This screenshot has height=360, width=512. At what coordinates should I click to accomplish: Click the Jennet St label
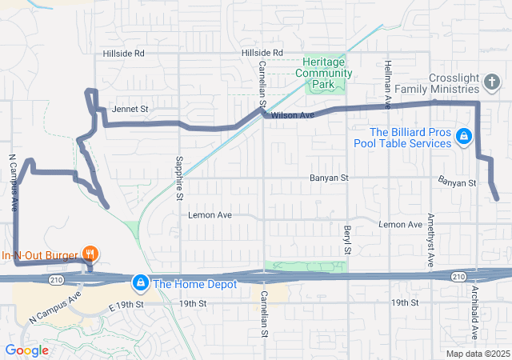tap(130, 108)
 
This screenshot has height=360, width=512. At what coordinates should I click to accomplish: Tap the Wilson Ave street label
tap(290, 116)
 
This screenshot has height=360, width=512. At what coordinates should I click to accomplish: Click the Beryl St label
tap(347, 239)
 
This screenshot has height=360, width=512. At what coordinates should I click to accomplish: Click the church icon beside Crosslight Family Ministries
tap(491, 82)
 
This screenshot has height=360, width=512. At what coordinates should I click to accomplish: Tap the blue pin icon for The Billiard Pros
tap(462, 137)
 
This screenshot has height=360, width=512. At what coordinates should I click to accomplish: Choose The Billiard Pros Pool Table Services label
tap(410, 138)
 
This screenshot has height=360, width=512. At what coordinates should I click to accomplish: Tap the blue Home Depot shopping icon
tap(141, 282)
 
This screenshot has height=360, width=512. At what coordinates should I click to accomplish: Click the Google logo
tap(26, 350)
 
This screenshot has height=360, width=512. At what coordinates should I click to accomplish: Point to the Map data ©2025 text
tap(477, 354)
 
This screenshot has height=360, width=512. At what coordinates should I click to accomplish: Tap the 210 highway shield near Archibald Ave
tap(458, 277)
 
